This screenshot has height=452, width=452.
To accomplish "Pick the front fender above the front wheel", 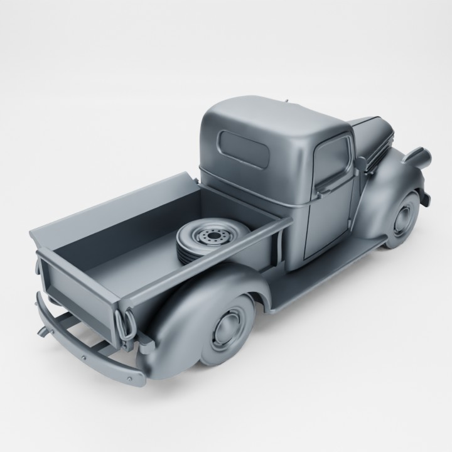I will click(x=392, y=182).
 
